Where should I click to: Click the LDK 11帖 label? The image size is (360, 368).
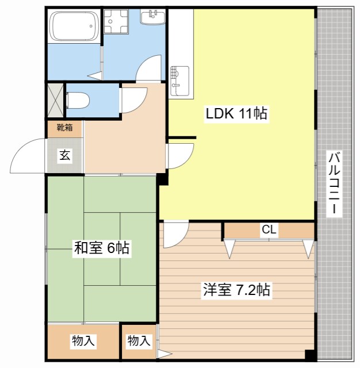(x=236, y=114)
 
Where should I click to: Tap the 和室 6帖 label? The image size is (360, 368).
(x=102, y=248)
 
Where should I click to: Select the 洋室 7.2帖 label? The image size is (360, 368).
(x=236, y=290)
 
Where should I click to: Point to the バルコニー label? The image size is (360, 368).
(x=334, y=183)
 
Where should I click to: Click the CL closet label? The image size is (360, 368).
(x=269, y=229)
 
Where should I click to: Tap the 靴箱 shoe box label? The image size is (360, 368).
(x=64, y=128)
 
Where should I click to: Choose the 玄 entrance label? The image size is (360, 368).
(x=65, y=155)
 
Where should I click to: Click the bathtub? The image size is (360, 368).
(x=75, y=26)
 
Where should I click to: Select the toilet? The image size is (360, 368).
(x=78, y=101)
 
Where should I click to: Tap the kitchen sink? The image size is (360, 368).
(x=180, y=81)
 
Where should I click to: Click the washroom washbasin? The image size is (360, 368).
(x=153, y=17)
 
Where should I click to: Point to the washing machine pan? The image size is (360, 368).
(x=116, y=21)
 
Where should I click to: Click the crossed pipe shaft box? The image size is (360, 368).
(x=55, y=100)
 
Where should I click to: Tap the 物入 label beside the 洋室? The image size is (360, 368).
(x=139, y=340)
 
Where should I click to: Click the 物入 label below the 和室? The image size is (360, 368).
(x=83, y=340)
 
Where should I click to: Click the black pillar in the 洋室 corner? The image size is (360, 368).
(x=311, y=355)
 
